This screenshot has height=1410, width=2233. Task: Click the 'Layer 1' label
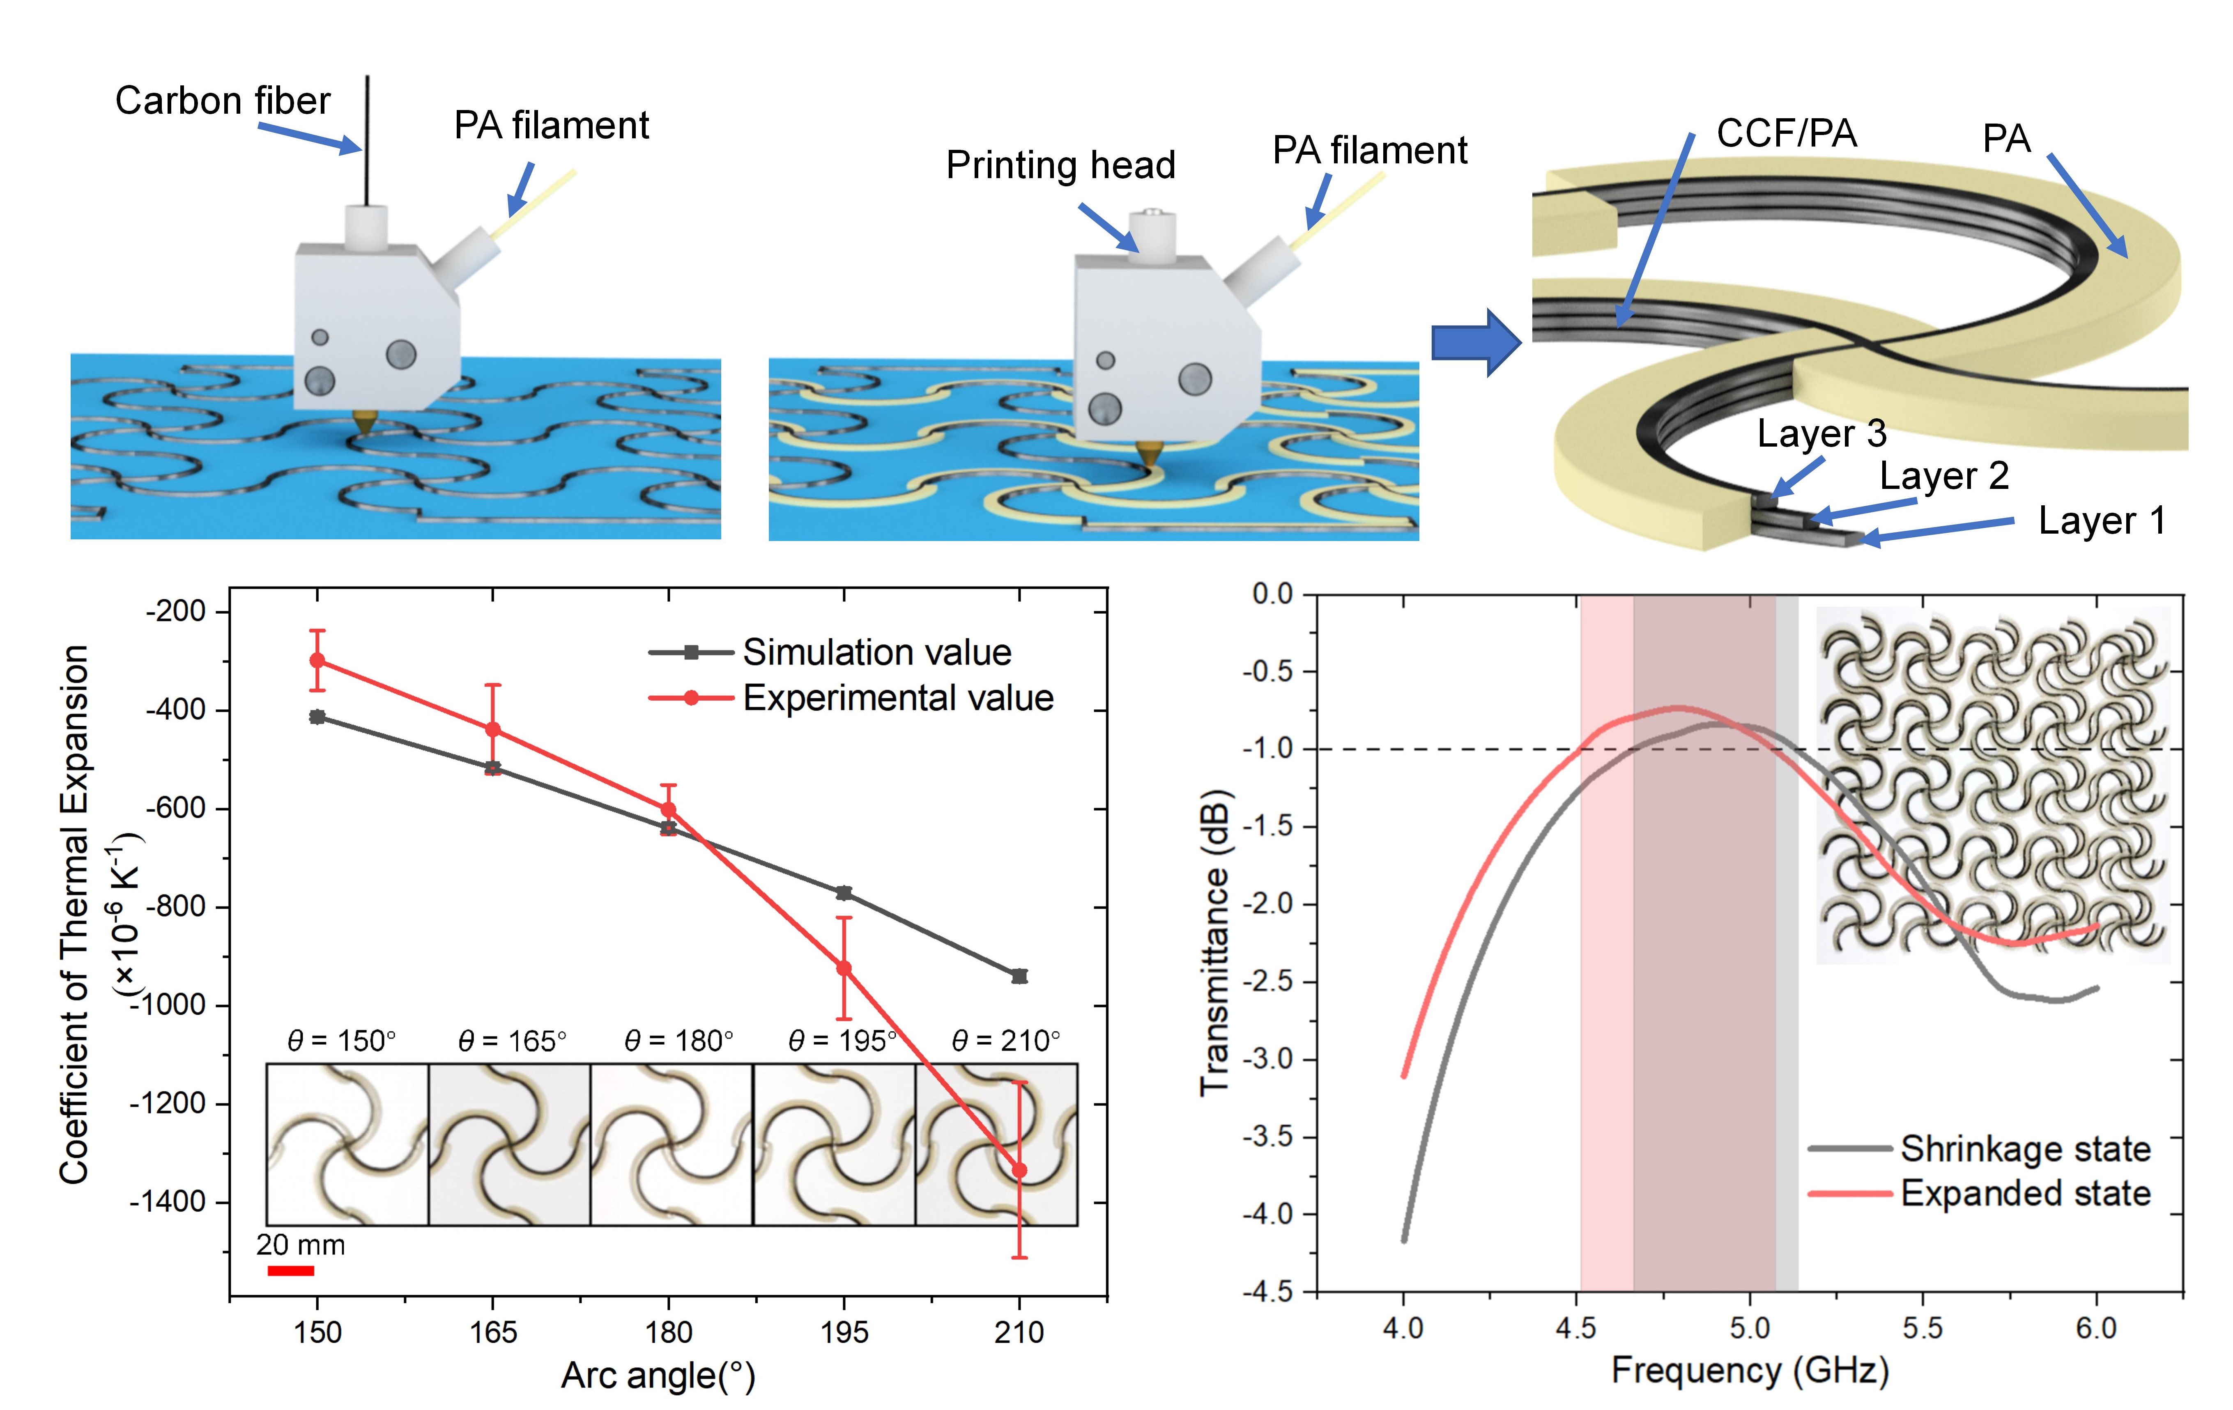click(2101, 521)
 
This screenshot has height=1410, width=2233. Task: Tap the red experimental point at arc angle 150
click(317, 660)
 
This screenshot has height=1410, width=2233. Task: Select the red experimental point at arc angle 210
click(1019, 1170)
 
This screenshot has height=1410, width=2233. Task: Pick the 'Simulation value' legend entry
click(876, 653)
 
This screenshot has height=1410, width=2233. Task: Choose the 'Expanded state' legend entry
click(2024, 1193)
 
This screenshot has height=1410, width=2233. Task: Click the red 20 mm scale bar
click(290, 1270)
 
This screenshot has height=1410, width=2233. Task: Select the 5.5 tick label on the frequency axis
click(1923, 1328)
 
